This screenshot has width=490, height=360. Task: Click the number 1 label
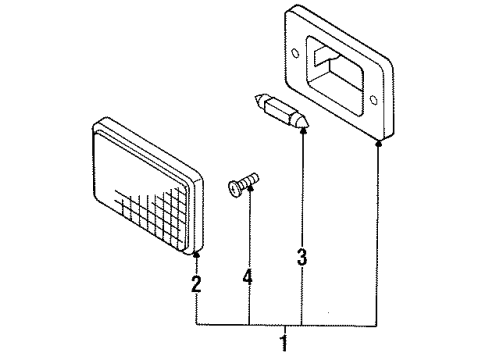coord(284,344)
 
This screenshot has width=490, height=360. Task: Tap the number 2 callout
coord(196,284)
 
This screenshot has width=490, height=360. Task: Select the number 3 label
coord(301,257)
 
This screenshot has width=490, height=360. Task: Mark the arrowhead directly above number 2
coord(196,257)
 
